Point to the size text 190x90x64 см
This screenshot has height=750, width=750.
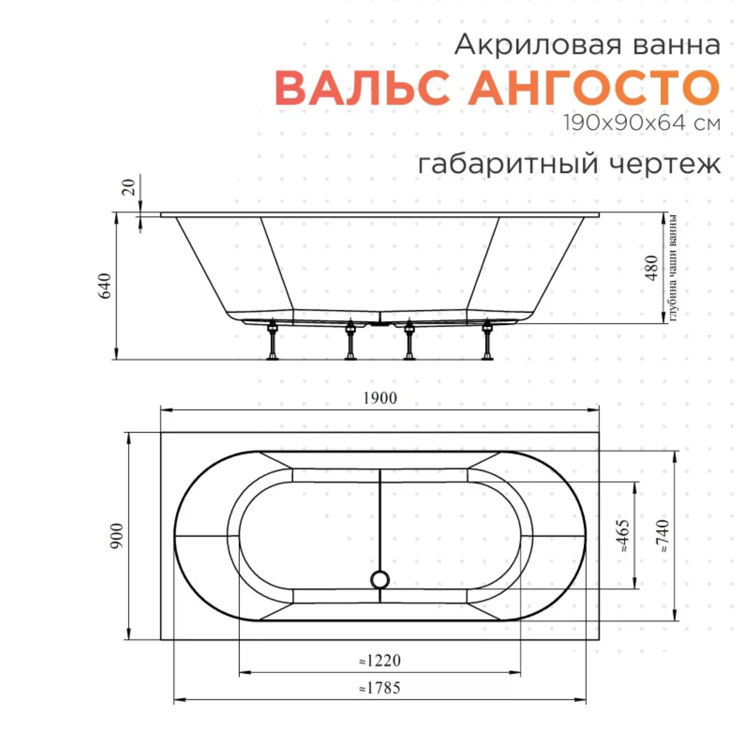(x=642, y=122)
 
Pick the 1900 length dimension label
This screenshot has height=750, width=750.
(x=380, y=398)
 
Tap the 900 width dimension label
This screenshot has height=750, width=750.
(x=116, y=535)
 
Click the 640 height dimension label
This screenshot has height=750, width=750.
(x=105, y=286)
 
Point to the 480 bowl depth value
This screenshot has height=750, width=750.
(x=652, y=267)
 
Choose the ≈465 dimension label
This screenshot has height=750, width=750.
(x=624, y=535)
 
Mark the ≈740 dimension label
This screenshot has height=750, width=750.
(x=663, y=535)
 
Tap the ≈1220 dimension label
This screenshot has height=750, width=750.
(x=380, y=660)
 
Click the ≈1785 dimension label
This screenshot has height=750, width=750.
(x=380, y=688)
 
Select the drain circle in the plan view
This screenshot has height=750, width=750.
(x=380, y=579)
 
